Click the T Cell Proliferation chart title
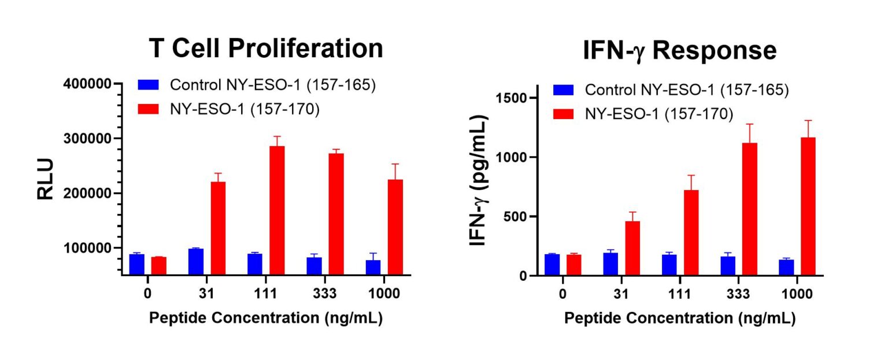click(x=265, y=49)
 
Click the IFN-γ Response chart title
click(x=680, y=51)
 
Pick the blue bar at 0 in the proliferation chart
click(x=137, y=264)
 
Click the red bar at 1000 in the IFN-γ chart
click(x=808, y=206)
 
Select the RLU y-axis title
click(x=45, y=179)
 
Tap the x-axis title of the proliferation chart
click(x=265, y=318)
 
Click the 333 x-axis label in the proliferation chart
click(x=325, y=294)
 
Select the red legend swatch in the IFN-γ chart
click(x=564, y=114)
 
